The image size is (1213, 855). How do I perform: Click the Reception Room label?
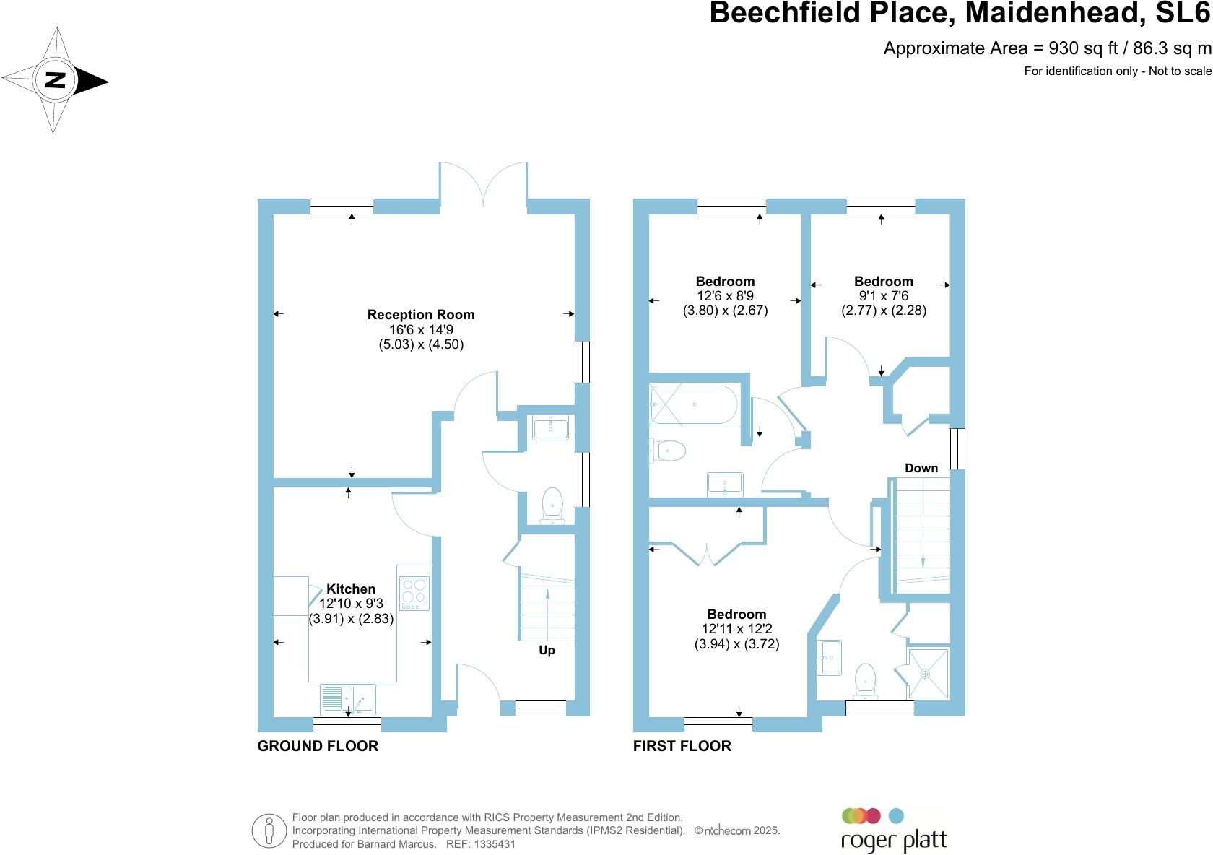pos(421,315)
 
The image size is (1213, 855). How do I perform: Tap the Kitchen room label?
pos(351,589)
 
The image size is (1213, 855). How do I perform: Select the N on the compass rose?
pos(56,80)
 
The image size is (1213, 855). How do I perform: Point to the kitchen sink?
pos(348,698)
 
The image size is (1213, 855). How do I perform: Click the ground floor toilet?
pos(552,504)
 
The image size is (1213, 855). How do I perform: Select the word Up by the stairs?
pos(547,651)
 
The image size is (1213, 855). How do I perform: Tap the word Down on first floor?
pos(921,469)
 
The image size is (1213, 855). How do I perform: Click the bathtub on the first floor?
pos(693,405)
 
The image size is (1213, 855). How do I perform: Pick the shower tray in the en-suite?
pos(928,673)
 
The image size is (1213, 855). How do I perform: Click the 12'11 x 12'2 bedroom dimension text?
pos(736,630)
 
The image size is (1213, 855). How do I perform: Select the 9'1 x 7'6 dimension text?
pos(884,296)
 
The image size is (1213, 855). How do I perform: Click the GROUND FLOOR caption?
pos(318,746)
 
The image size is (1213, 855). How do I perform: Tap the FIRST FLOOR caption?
pos(682,746)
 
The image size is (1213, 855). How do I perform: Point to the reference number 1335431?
pos(492,844)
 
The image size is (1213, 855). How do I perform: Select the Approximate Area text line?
pos(1047,48)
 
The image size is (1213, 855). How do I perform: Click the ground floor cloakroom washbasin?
pos(550,427)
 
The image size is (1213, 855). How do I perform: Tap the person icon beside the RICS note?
pos(269,830)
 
